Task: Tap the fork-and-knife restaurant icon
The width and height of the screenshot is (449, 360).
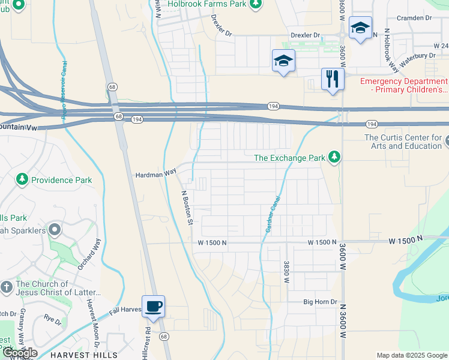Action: point(332,79)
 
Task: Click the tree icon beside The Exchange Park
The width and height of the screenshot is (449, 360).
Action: point(334,158)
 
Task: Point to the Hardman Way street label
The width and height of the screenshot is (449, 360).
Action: point(154,172)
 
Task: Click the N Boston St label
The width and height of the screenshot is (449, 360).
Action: point(187,207)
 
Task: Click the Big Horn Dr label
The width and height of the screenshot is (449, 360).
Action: point(321,302)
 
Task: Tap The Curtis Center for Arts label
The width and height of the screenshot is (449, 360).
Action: point(403,142)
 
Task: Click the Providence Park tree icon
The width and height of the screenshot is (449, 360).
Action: point(22,179)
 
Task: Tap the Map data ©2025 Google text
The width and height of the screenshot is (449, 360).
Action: point(411,355)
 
